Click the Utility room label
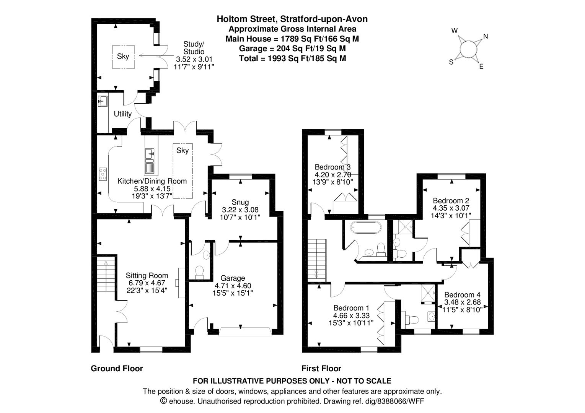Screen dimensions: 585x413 click(x=122, y=114)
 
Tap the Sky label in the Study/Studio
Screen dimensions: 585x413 click(x=123, y=56)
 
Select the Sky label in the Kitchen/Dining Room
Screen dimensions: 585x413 click(x=183, y=150)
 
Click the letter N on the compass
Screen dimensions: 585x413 click(x=486, y=36)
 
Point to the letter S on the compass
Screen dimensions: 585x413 click(x=451, y=62)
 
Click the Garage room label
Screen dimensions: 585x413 click(x=233, y=278)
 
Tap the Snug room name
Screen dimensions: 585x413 click(x=240, y=202)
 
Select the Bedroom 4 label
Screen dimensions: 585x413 click(x=462, y=294)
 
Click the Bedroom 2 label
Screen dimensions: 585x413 click(x=451, y=200)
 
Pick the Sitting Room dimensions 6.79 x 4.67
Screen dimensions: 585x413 click(x=147, y=283)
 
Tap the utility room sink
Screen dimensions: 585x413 click(x=103, y=101)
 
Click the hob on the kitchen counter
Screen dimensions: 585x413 click(x=103, y=174)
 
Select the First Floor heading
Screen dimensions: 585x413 click(x=321, y=368)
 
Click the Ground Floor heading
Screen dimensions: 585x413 click(x=117, y=368)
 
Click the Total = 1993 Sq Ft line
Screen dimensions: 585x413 click(x=292, y=59)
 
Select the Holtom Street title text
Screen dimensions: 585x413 click(x=292, y=19)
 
